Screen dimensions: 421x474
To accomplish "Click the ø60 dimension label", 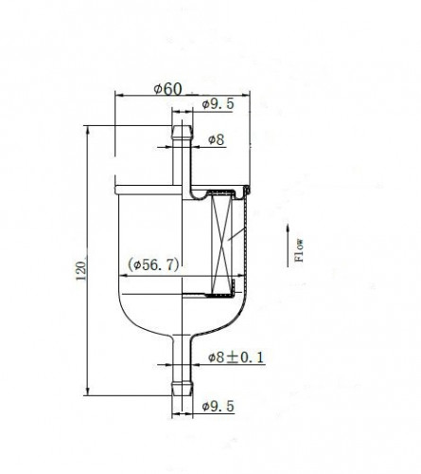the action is [x=167, y=89].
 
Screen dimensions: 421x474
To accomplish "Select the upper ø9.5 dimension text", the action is [x=219, y=103].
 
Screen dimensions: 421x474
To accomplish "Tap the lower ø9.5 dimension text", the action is [x=219, y=406].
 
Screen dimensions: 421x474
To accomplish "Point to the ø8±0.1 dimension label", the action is [x=236, y=357].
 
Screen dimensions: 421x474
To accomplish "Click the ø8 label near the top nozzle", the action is [x=217, y=139].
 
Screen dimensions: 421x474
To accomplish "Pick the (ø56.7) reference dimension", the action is [x=153, y=264].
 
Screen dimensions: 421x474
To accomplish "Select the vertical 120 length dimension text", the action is [x=81, y=271].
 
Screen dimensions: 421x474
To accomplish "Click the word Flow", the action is [x=299, y=250].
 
